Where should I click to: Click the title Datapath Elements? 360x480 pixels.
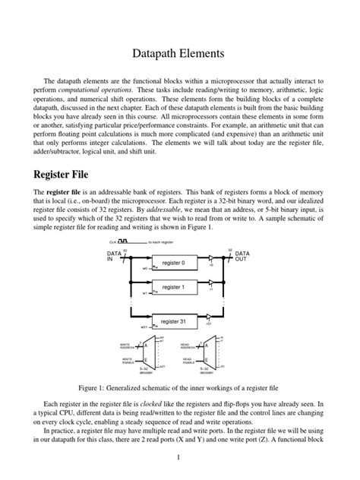179,53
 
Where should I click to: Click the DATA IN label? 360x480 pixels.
114,256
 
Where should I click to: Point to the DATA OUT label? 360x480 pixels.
242,256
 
